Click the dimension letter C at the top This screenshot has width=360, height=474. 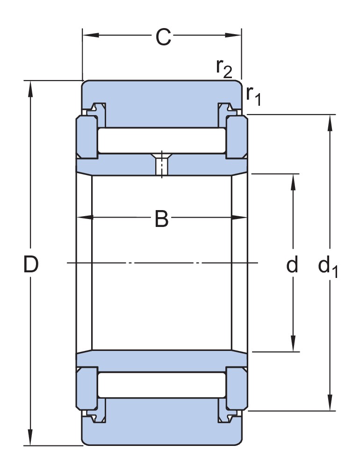click(163, 37)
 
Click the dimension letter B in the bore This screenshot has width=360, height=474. click(161, 219)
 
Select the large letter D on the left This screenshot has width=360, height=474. click(31, 265)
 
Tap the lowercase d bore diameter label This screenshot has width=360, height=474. click(292, 265)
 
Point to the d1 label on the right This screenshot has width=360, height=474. click(327, 267)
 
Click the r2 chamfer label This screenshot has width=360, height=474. click(223, 68)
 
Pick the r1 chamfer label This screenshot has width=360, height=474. click(253, 95)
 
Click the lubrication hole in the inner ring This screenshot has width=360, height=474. click(162, 165)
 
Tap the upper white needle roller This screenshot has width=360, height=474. click(162, 140)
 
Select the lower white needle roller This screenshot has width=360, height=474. click(162, 385)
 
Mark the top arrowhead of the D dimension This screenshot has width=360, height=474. click(31, 87)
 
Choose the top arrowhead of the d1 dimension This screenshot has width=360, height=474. click(331, 121)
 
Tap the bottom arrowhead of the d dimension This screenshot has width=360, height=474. click(293, 345)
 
